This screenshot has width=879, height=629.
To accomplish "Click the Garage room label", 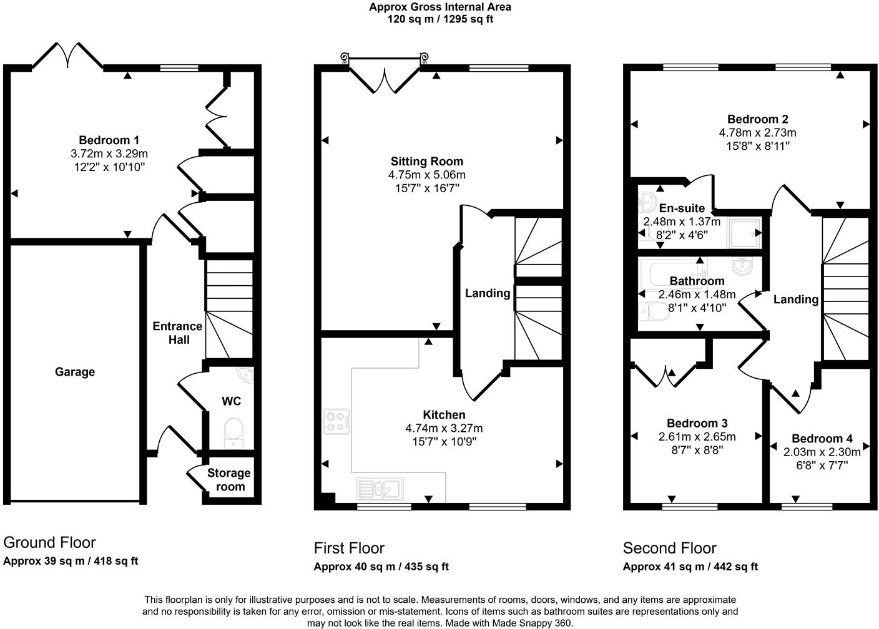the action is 75,372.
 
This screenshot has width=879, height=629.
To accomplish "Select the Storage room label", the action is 229,480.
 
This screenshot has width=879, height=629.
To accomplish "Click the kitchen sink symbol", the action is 380,488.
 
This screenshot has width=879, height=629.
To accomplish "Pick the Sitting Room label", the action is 427,162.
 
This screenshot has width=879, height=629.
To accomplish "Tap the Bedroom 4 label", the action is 822,439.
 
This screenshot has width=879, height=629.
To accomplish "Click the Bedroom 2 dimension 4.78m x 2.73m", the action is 757,133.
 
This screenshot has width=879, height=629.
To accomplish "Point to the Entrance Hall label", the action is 177,333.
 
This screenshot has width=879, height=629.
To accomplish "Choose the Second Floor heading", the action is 669,549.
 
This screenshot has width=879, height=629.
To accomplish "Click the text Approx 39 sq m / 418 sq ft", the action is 71,561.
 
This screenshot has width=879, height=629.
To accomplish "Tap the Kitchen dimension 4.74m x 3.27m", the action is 444,429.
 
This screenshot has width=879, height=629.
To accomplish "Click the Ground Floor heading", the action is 49,542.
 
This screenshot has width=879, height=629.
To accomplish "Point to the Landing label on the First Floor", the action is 487,293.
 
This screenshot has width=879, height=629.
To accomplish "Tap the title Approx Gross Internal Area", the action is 440,7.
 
